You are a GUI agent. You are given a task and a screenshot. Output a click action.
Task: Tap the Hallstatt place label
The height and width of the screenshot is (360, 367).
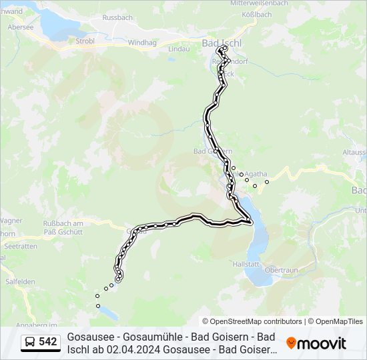[246, 264]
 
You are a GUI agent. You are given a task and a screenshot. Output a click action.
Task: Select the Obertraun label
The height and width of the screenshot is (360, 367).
[280, 270]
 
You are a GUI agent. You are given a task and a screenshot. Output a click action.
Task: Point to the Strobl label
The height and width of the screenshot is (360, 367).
[85, 40]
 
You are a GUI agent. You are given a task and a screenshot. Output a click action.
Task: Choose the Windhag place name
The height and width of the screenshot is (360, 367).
[141, 42]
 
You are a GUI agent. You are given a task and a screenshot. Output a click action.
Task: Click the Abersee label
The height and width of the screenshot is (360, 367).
[20, 27]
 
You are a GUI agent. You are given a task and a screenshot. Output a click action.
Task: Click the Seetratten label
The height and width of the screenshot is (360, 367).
[21, 246]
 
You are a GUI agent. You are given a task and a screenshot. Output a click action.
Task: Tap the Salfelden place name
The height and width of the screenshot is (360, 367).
[19, 281]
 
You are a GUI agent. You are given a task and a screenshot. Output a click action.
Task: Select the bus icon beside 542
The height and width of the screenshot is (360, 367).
[30, 343]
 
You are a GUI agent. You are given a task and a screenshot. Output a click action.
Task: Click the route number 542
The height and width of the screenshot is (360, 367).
[48, 342]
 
